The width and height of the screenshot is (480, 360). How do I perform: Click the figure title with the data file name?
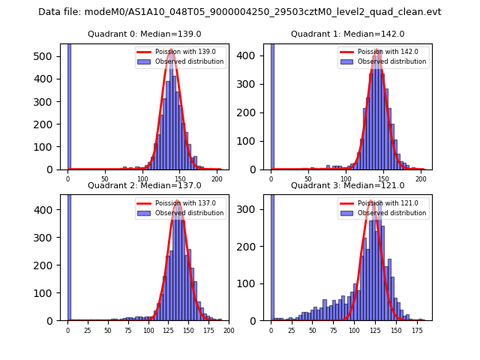[240, 12]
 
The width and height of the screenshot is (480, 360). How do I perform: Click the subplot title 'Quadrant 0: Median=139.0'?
[145, 34]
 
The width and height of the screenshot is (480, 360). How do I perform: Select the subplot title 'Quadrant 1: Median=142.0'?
[347, 34]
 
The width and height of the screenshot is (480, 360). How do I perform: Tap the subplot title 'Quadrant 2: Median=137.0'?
[145, 185]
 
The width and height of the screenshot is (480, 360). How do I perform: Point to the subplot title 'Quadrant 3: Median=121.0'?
[347, 185]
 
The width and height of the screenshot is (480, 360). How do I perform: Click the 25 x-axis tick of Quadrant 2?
[87, 330]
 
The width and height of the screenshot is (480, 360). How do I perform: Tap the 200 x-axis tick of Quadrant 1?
[420, 179]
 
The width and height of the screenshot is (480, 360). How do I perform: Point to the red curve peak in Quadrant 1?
[376, 51]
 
